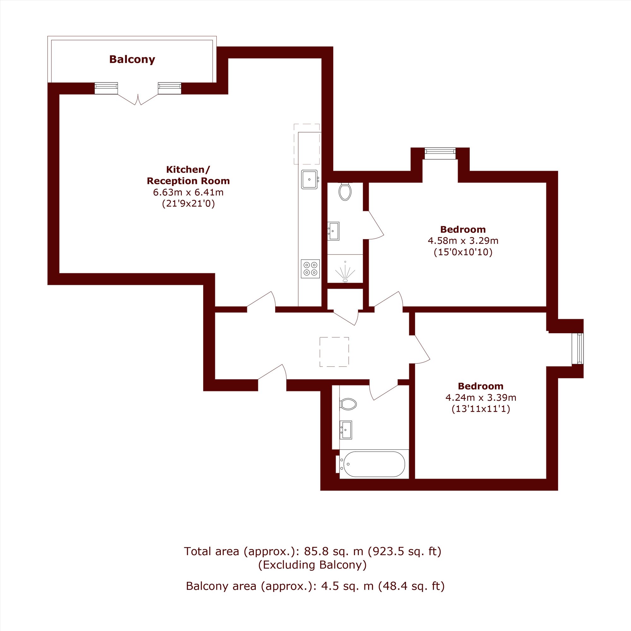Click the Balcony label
(132, 59)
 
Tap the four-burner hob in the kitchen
(310, 269)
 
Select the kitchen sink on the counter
(310, 179)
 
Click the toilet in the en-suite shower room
(345, 192)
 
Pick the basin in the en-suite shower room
(333, 231)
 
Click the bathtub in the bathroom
(374, 464)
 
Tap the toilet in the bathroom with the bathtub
(348, 404)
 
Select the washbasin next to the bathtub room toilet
(346, 430)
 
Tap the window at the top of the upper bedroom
(440, 154)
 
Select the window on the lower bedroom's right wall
(580, 349)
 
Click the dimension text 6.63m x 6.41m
(188, 192)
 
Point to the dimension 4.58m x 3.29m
(463, 241)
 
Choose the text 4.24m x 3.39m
(481, 398)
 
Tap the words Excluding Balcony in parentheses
(313, 565)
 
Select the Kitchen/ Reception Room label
(188, 175)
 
